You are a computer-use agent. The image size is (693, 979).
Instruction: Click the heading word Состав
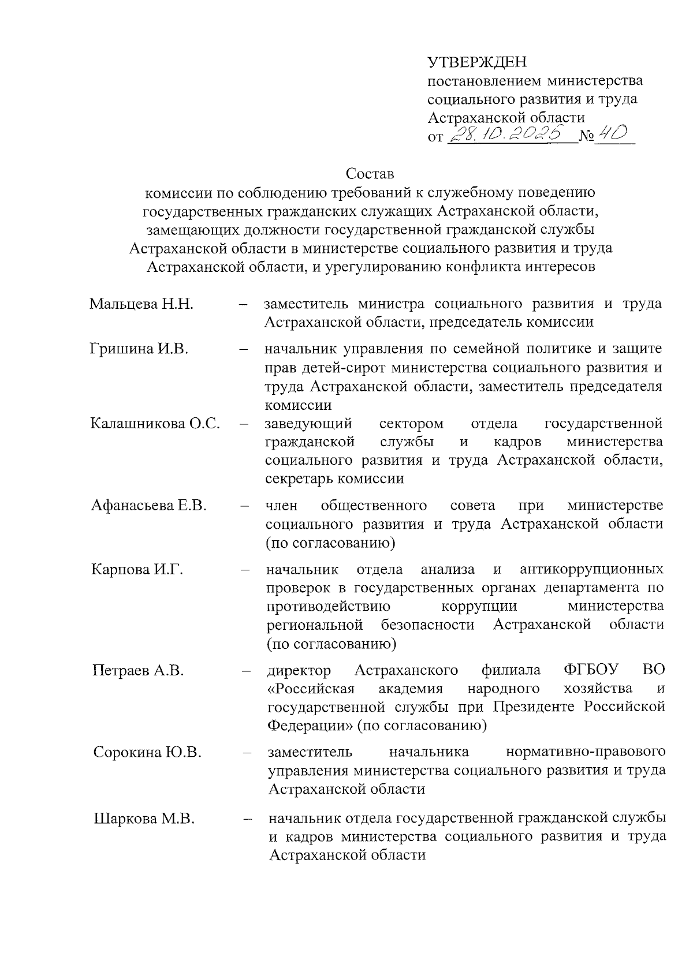click(370, 173)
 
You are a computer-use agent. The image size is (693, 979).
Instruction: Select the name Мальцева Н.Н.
click(141, 304)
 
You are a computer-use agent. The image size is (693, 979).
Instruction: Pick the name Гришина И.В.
click(140, 349)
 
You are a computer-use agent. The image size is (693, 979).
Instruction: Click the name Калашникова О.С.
click(155, 424)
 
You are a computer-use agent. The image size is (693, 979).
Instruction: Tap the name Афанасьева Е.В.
click(149, 506)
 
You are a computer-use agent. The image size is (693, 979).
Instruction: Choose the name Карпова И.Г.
click(137, 570)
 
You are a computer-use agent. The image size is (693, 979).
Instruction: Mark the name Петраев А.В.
click(139, 670)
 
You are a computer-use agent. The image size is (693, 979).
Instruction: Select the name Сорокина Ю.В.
click(147, 752)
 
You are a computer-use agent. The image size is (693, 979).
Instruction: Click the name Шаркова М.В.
click(144, 818)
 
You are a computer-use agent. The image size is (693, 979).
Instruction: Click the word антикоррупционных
click(591, 570)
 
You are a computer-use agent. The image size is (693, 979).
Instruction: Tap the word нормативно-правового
click(585, 752)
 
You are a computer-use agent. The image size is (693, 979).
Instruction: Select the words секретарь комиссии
click(334, 479)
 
